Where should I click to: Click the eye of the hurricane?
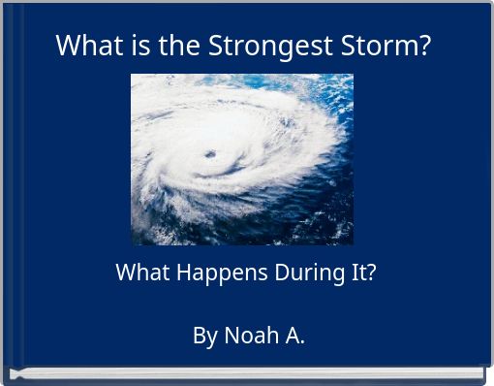tap(210, 154)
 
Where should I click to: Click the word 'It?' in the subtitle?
tap(360, 273)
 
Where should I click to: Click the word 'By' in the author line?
tap(204, 336)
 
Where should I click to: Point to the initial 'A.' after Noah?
tap(293, 336)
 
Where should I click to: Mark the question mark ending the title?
tap(424, 46)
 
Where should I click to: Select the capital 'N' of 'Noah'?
tap(232, 336)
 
